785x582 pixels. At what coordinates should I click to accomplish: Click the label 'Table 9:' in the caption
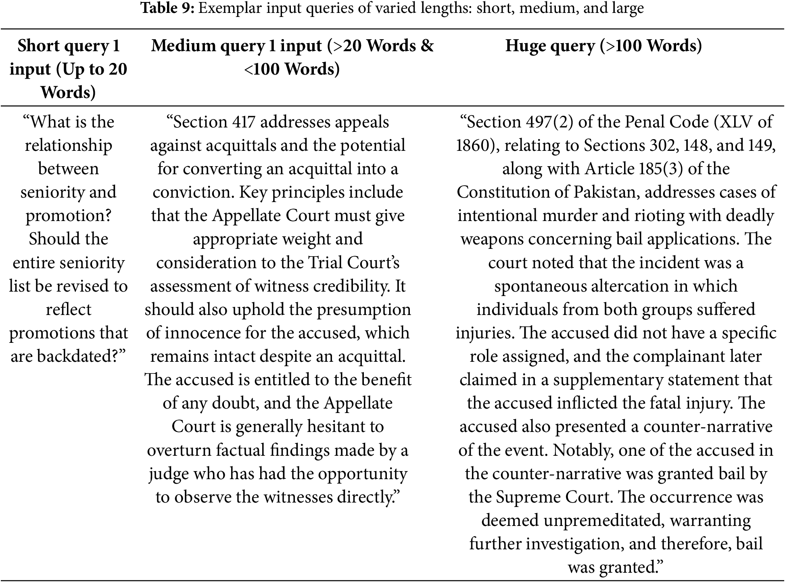(x=168, y=8)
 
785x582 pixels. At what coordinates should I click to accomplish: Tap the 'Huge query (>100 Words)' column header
(x=603, y=46)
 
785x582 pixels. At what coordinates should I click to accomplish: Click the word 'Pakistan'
(x=605, y=192)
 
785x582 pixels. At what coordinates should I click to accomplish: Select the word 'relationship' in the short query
(x=69, y=145)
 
